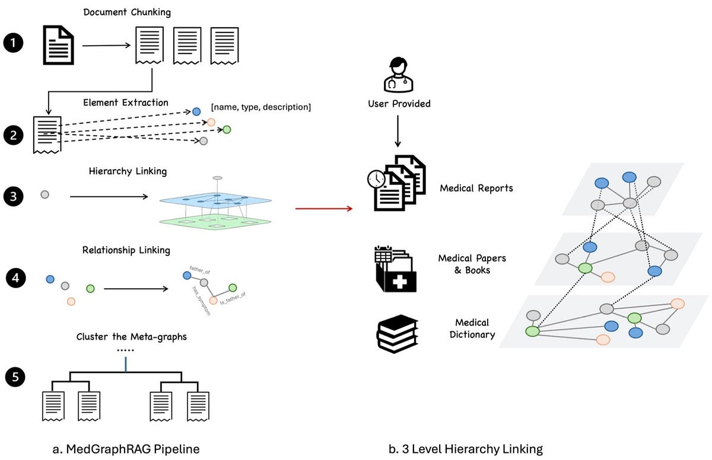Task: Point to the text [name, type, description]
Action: click(261, 107)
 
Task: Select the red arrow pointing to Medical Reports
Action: click(323, 208)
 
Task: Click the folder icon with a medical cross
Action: click(395, 270)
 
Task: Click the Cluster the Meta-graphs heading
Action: click(131, 337)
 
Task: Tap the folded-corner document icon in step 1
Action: click(59, 45)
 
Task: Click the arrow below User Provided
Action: click(398, 132)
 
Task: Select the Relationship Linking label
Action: click(126, 250)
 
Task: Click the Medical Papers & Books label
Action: click(473, 264)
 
